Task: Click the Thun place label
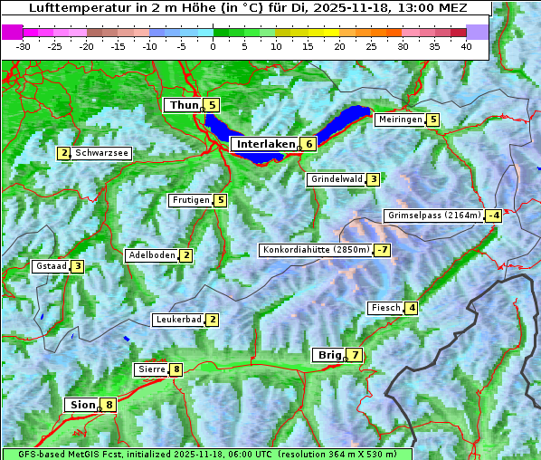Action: tap(184, 106)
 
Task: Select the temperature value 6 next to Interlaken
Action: tap(308, 144)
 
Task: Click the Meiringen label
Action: tap(400, 120)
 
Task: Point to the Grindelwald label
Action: tap(337, 179)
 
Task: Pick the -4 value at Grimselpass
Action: tap(493, 216)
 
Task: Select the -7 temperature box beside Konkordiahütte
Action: tap(383, 250)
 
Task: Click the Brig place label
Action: tap(328, 355)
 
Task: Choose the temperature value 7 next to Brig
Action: tap(355, 355)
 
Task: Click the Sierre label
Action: tap(151, 369)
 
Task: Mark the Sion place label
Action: tap(81, 405)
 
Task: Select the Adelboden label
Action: tap(151, 255)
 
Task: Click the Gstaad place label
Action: tap(51, 266)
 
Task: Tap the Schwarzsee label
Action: tap(101, 153)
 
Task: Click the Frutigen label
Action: tap(190, 200)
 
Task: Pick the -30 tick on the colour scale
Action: tap(24, 46)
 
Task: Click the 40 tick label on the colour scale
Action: tap(466, 46)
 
